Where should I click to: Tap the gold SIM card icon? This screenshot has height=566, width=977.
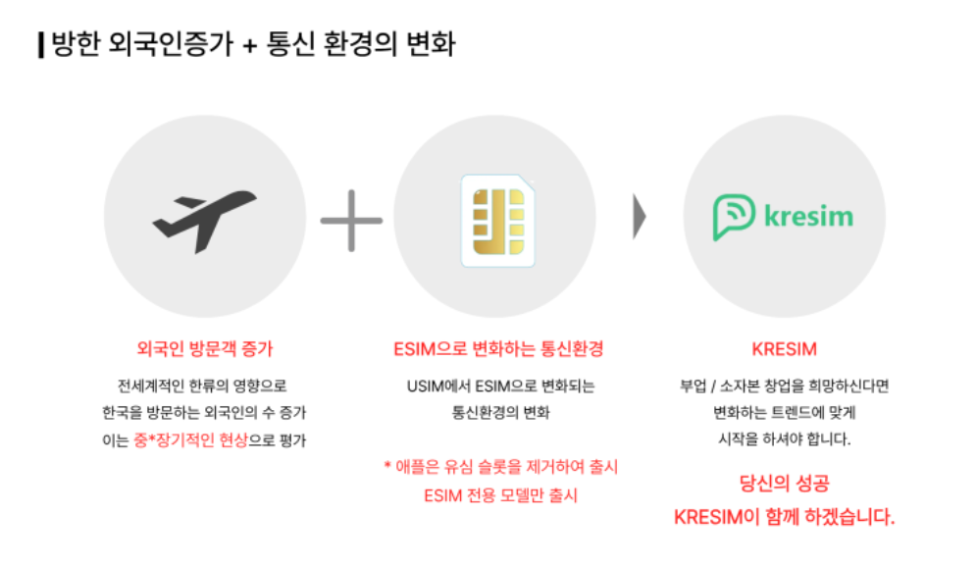[x=497, y=221]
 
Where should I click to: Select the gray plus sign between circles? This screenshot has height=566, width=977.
[x=351, y=220]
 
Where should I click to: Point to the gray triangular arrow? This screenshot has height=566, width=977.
[x=640, y=217]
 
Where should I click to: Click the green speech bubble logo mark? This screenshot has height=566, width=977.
[x=735, y=216]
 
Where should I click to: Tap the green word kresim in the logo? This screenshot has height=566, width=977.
[x=807, y=216]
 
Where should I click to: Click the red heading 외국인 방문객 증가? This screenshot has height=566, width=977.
[x=205, y=348]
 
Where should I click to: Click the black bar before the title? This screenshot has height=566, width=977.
[x=40, y=45]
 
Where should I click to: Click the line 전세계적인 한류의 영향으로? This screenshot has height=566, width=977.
[x=202, y=386]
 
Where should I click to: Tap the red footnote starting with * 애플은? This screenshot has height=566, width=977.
[x=500, y=467]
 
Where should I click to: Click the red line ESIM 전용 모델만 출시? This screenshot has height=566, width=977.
[x=500, y=494]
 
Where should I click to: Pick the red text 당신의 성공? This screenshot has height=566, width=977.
[x=784, y=483]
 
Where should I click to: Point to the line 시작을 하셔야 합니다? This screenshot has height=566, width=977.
[x=784, y=439]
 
